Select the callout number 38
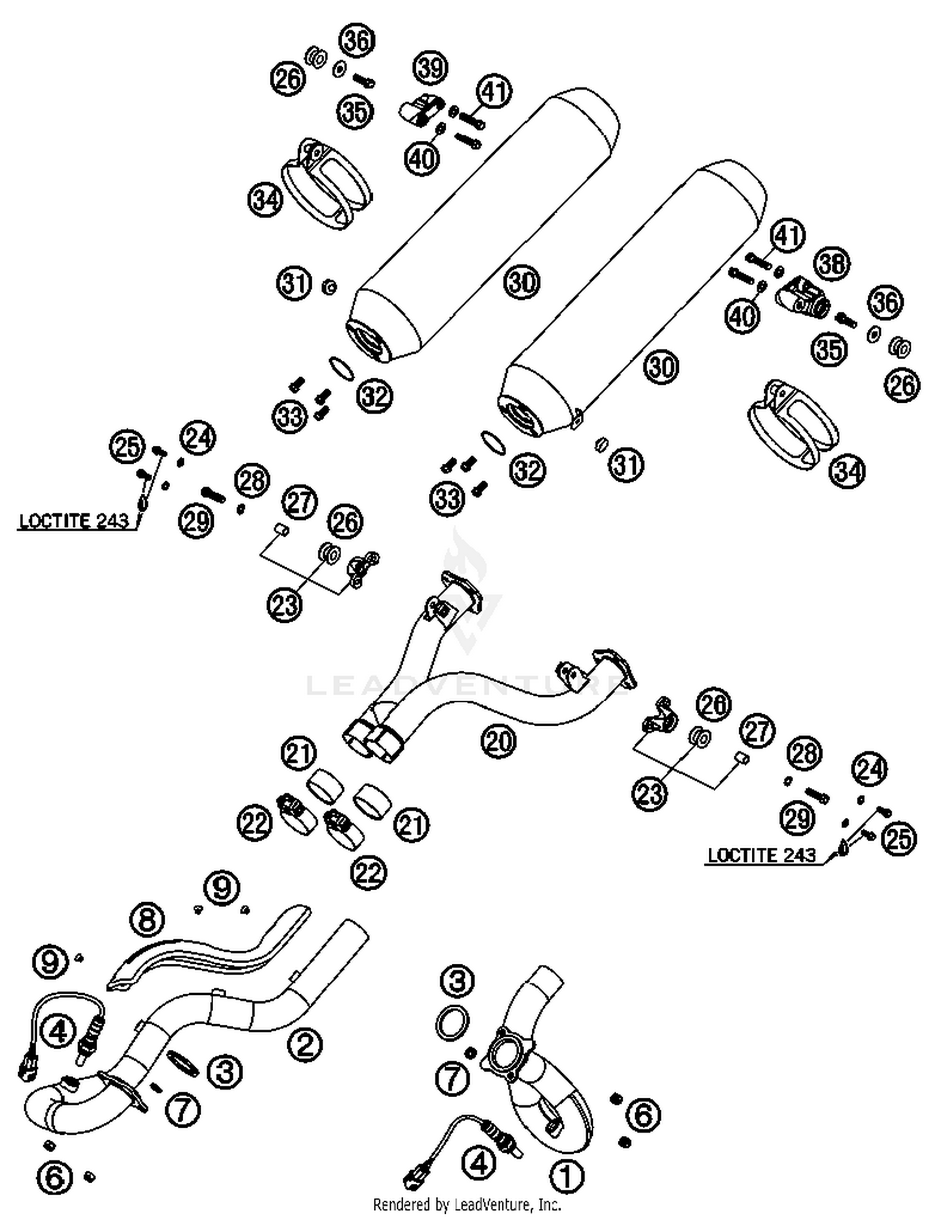pyautogui.click(x=832, y=263)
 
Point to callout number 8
pyautogui.click(x=147, y=920)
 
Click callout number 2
pyautogui.click(x=305, y=1044)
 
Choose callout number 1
pyautogui.click(x=566, y=1177)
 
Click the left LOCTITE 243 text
pyautogui.click(x=74, y=521)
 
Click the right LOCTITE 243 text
pyautogui.click(x=762, y=855)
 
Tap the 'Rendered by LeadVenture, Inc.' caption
pyautogui.click(x=467, y=1204)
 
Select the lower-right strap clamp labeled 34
pyautogui.click(x=792, y=424)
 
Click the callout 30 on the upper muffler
pyautogui.click(x=522, y=282)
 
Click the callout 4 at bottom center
pyautogui.click(x=479, y=1162)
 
